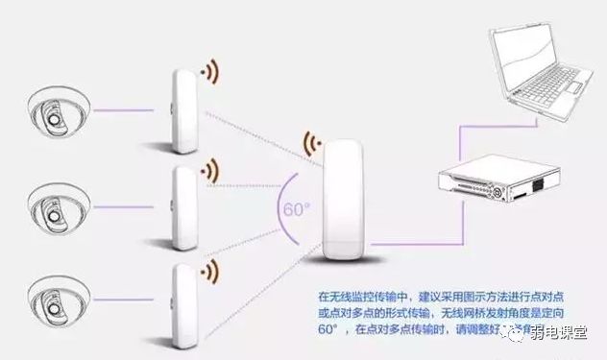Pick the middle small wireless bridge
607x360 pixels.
click(x=183, y=205)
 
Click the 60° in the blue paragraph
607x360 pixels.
click(x=329, y=329)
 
